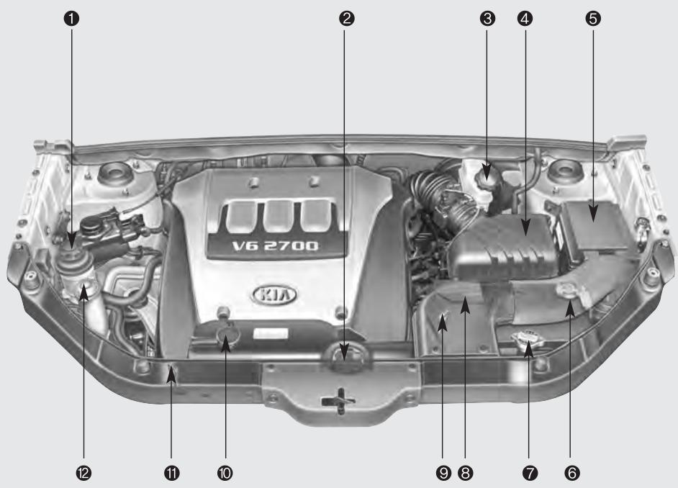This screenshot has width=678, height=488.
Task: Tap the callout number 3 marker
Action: tap(487, 19)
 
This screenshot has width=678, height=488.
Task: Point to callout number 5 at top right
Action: tap(593, 19)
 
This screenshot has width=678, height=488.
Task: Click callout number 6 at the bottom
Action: tap(572, 472)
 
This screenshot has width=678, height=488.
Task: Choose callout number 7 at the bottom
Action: tap(530, 472)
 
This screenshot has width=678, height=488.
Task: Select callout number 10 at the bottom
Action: tap(225, 472)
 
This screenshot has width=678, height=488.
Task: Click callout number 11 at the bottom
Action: tap(172, 472)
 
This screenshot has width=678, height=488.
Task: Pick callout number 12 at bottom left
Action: tap(85, 472)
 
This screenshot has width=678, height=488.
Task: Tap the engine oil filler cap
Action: tap(225, 338)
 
